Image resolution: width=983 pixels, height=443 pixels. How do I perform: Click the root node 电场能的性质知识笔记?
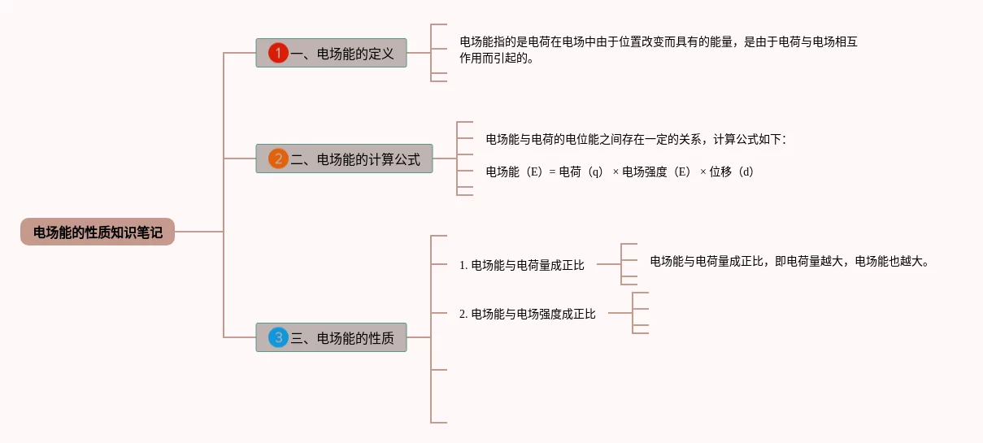pyautogui.click(x=98, y=232)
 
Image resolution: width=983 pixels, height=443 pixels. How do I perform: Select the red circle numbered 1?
pyautogui.click(x=278, y=53)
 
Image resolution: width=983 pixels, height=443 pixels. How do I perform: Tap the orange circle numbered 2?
pyautogui.click(x=278, y=159)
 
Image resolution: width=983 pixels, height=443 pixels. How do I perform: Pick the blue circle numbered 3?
pyautogui.click(x=278, y=337)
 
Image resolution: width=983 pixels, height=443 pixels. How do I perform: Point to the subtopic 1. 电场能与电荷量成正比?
pyautogui.click(x=522, y=265)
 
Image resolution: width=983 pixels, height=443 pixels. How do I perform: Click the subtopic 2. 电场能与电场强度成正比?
pyautogui.click(x=528, y=314)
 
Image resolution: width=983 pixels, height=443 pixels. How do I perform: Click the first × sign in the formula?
pyautogui.click(x=615, y=172)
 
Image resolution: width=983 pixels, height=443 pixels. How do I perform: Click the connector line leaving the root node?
pyautogui.click(x=198, y=232)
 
